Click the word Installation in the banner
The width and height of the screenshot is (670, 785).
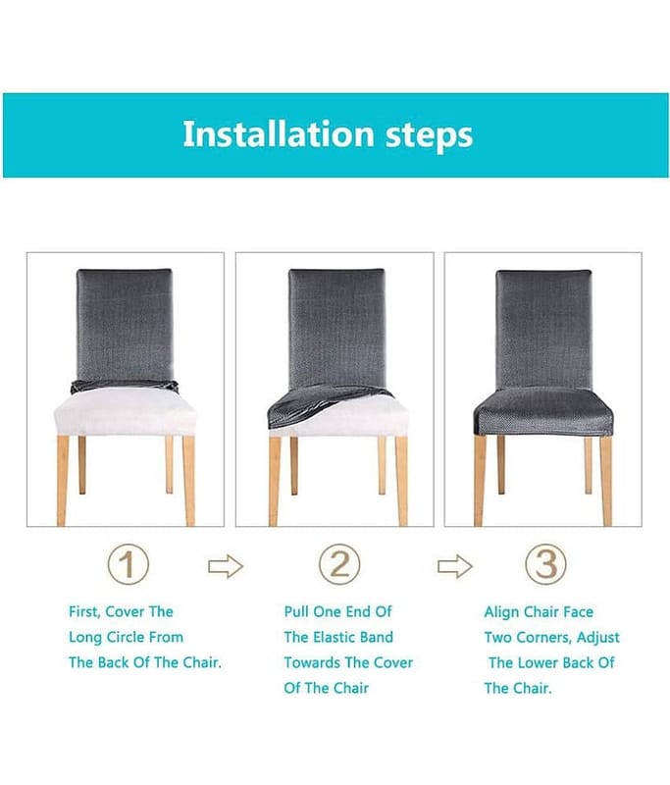tap(279, 133)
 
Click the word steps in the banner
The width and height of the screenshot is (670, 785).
tap(430, 136)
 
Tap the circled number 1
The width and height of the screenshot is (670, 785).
tap(129, 564)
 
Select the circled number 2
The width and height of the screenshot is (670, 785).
tap(339, 564)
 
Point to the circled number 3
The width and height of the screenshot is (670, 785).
tap(545, 564)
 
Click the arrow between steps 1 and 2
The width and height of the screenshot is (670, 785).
tap(226, 567)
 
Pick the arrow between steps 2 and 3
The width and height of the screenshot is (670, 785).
tap(455, 567)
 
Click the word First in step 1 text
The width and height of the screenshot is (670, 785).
tap(84, 611)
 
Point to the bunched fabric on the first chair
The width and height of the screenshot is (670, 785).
tap(125, 386)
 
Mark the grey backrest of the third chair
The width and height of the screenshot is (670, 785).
tap(543, 329)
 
